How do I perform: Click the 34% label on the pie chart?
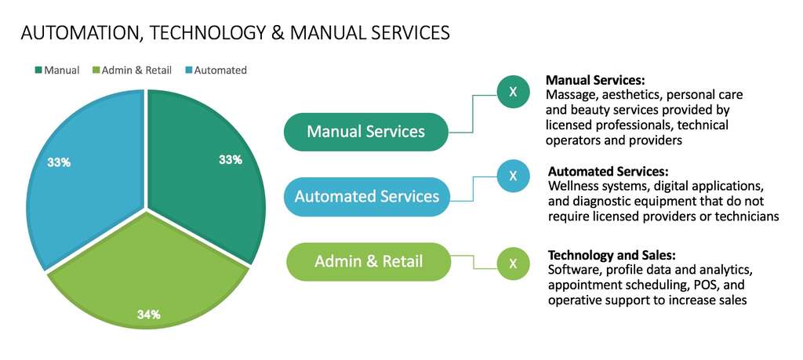click(148, 315)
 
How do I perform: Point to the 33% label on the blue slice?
click(59, 162)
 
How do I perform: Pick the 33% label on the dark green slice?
click(230, 159)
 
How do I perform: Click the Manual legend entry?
click(57, 70)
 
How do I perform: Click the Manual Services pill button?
click(365, 131)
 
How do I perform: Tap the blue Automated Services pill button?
click(366, 196)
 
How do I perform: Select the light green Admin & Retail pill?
click(368, 261)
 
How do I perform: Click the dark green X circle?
click(513, 92)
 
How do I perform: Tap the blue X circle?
click(513, 176)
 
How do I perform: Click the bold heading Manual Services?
click(594, 80)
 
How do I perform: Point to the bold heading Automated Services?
click(608, 171)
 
